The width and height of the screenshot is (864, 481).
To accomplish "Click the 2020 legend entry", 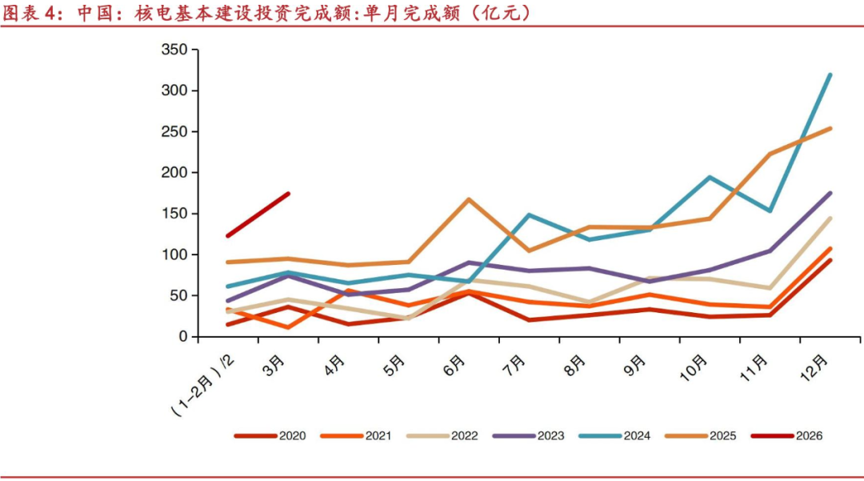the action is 270,436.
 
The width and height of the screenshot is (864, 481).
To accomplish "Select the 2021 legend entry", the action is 356,436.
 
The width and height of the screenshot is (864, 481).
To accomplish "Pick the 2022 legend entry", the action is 442,436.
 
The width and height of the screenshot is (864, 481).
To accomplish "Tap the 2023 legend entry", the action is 529,436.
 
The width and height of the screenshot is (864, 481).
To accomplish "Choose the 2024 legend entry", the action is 614,436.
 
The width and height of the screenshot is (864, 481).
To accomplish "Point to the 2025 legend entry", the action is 700,436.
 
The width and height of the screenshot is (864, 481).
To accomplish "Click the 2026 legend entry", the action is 787,436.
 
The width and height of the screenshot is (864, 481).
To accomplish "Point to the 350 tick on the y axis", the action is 174,50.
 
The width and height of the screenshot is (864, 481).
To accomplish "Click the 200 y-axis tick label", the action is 174,172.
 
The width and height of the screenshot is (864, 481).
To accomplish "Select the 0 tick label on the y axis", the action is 183,337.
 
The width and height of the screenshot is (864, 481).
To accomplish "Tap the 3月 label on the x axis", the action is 274,366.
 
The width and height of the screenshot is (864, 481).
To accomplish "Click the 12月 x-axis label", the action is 814,368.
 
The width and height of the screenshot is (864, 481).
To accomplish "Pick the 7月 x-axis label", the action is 514,366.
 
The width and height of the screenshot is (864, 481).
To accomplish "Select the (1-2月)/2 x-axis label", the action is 202,385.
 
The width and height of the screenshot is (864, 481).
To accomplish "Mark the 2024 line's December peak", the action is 830,75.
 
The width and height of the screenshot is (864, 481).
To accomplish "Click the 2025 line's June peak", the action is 469,199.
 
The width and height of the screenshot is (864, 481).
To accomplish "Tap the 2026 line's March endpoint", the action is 288,194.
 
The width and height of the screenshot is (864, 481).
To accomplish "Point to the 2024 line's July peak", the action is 529,214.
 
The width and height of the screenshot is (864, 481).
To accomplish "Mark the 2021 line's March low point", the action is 288,327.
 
